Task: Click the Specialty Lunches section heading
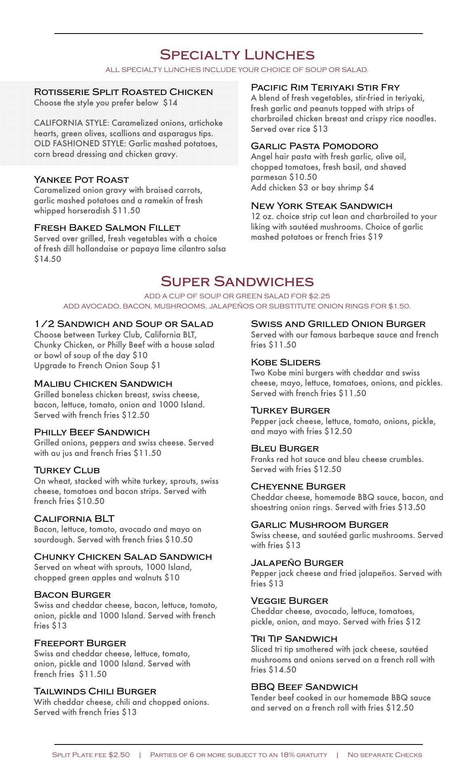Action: pyautogui.click(x=237, y=55)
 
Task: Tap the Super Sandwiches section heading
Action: pyautogui.click(x=237, y=281)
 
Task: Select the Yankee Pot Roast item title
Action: pyautogui.click(x=81, y=179)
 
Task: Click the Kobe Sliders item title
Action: pyautogui.click(x=285, y=362)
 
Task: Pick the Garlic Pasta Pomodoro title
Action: pyautogui.click(x=314, y=146)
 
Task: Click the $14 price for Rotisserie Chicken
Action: pyautogui.click(x=170, y=103)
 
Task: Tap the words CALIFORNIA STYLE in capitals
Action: pyautogui.click(x=71, y=123)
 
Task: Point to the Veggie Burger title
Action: pyautogui.click(x=289, y=601)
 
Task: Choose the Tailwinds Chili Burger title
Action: pyautogui.click(x=95, y=691)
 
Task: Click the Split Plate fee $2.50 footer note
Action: pyautogui.click(x=91, y=755)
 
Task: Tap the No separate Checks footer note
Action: pyautogui.click(x=384, y=755)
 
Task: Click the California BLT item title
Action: pyautogui.click(x=74, y=519)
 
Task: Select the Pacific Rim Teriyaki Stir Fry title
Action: pyautogui.click(x=325, y=87)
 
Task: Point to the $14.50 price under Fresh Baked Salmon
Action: pyautogui.click(x=48, y=259)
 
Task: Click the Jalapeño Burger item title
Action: pyautogui.click(x=297, y=563)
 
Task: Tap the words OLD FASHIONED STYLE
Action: pyautogui.click(x=80, y=143)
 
